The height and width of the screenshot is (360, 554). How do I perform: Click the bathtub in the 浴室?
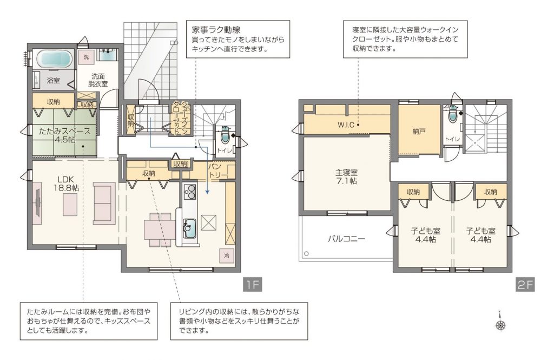tap(54, 58)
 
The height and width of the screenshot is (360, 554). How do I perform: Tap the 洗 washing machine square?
tap(86, 57)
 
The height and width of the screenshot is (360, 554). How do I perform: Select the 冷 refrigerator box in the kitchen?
tap(227, 256)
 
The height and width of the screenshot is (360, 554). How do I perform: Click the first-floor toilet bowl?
tap(225, 136)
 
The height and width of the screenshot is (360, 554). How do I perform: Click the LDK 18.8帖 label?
tap(65, 183)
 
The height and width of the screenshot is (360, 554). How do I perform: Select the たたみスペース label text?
tap(65, 131)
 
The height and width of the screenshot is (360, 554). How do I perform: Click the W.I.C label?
tap(346, 125)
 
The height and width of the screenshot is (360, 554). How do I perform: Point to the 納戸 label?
tap(419, 132)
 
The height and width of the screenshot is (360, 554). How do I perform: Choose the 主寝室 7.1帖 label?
tap(346, 177)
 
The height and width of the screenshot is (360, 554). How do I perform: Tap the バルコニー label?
tap(346, 239)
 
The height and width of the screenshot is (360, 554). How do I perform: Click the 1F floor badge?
tap(252, 284)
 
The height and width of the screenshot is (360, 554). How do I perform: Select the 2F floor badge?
tap(525, 284)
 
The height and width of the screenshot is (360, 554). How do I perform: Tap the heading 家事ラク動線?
tap(216, 30)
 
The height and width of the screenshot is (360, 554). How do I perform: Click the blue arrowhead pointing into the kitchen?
tap(207, 192)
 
